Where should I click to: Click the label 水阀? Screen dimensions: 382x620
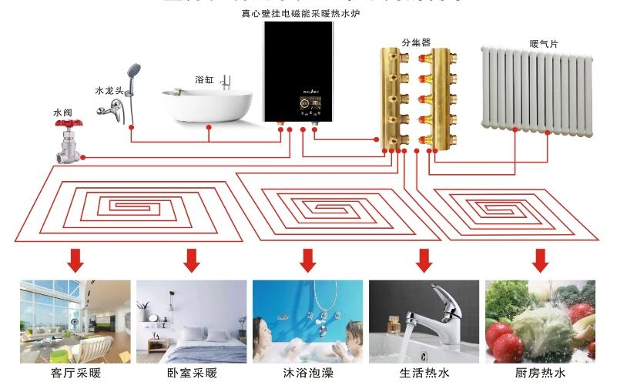pyautogui.click(x=62, y=112)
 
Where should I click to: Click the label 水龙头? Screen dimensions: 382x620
pyautogui.click(x=108, y=90)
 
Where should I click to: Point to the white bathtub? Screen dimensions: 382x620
pyautogui.click(x=206, y=106)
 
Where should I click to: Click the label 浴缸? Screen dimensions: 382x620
pyautogui.click(x=204, y=79)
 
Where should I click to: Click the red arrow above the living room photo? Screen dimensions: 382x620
pyautogui.click(x=75, y=260)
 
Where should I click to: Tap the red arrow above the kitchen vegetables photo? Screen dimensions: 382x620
pyautogui.click(x=539, y=260)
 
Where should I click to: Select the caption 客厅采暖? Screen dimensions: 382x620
pyautogui.click(x=75, y=373)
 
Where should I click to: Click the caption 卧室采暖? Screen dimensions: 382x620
pyautogui.click(x=192, y=373)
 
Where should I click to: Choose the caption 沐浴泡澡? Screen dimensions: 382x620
pyautogui.click(x=307, y=373)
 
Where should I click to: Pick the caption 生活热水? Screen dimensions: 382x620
pyautogui.click(x=424, y=373)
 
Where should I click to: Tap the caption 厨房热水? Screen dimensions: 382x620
pyautogui.click(x=540, y=373)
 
